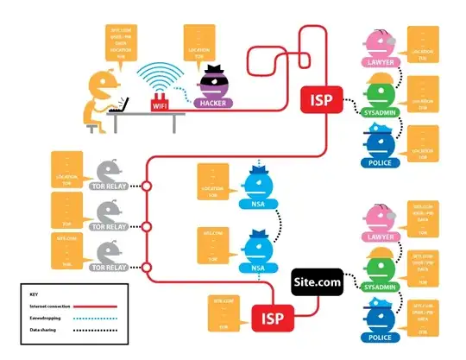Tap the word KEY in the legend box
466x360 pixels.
pyautogui.click(x=34, y=294)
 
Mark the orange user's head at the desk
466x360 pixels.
pyautogui.click(x=102, y=83)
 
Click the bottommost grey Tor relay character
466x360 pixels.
pyautogui.click(x=110, y=252)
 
